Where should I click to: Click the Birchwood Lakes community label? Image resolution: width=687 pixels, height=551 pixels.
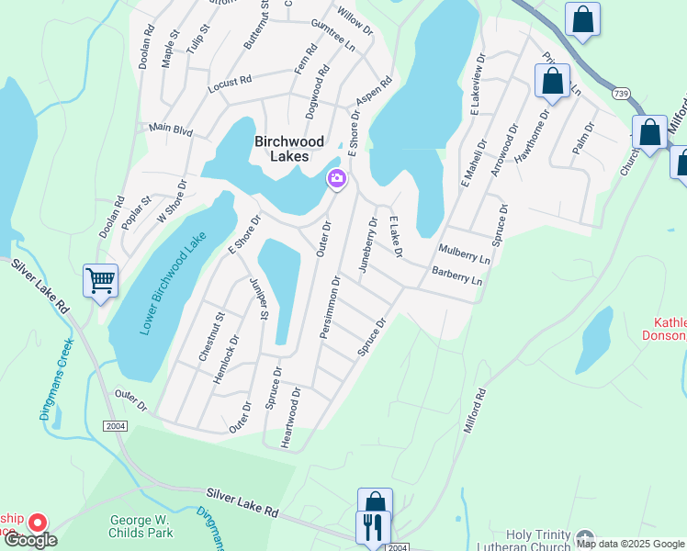pos(289,148)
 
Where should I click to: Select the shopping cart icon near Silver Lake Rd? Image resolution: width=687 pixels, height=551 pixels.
pos(100,279)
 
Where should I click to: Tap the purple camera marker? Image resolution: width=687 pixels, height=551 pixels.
pos(336,179)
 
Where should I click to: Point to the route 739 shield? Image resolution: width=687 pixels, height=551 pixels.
pos(621,94)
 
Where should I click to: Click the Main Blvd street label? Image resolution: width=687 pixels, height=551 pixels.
pos(170,130)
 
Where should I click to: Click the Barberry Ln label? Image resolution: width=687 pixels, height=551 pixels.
pos(456,275)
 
